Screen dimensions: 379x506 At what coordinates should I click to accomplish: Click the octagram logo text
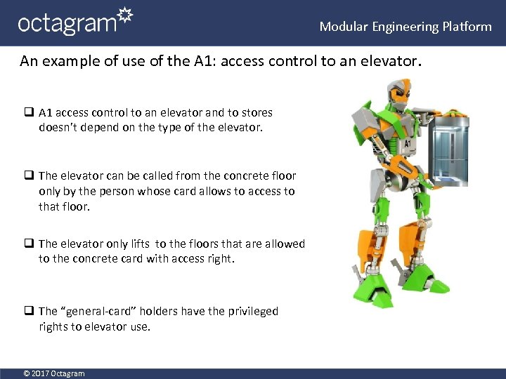(x=66, y=23)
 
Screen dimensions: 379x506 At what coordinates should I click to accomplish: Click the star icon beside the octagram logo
(x=123, y=16)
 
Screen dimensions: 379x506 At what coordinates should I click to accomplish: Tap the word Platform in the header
(x=467, y=27)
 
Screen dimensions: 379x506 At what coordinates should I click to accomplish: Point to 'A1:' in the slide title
(x=203, y=62)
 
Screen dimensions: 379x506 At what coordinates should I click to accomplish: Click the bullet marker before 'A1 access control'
(x=29, y=112)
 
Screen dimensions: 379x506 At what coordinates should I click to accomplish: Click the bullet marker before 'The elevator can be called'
(x=29, y=175)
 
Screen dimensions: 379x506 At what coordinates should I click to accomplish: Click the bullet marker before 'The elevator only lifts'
(x=29, y=244)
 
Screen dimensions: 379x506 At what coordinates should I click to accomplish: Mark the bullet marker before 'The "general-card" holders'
(x=29, y=311)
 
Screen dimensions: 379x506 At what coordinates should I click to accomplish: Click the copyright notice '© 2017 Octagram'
(x=54, y=373)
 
